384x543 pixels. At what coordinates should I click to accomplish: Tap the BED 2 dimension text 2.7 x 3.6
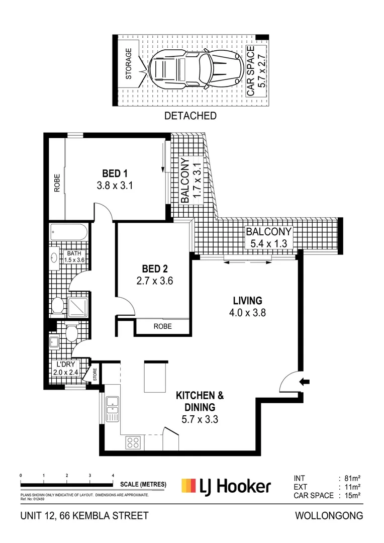point(155,281)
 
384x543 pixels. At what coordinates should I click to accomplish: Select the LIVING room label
point(248,301)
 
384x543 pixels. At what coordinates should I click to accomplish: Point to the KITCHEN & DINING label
point(200,401)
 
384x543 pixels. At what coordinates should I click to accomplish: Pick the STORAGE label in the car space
point(129,64)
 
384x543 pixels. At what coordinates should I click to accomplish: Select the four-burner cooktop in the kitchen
point(133,442)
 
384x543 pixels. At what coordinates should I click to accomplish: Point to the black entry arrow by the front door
point(305,382)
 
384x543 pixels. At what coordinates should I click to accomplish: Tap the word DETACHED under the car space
point(190,116)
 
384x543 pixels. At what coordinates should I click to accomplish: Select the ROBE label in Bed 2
point(163,326)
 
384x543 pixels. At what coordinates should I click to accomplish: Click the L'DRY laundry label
point(66,365)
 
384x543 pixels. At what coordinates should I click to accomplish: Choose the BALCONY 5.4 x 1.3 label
point(269,237)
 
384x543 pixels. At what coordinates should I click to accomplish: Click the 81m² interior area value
point(352,479)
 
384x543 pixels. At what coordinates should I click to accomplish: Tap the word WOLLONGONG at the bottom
point(329,516)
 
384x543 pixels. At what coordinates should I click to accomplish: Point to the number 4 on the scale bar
point(113,476)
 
